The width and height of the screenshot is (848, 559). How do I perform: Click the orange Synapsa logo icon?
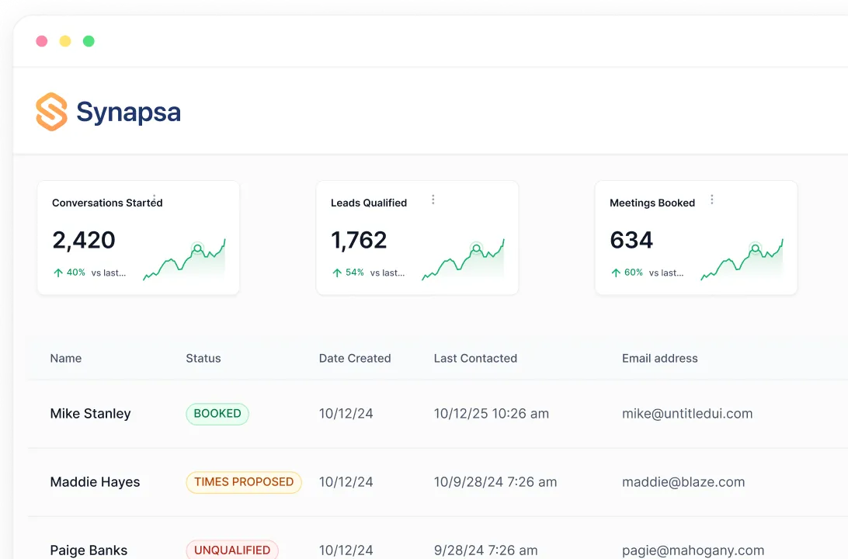51,112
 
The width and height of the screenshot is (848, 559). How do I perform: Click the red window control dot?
42,41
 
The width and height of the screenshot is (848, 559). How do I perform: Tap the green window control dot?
89,41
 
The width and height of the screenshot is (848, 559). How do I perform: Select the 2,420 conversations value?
84,240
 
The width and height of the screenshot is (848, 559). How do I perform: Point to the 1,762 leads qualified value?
359,240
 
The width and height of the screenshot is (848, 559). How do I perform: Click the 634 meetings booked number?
631,240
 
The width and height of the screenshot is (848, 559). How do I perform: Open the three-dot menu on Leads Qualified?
433,200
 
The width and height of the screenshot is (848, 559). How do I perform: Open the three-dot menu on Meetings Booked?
712,200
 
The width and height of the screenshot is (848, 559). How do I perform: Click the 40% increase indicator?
69,273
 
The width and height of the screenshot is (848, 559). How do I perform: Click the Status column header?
203,359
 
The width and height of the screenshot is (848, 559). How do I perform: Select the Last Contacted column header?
475,359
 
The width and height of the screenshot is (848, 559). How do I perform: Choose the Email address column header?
659,359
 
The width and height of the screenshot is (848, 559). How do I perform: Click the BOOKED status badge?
217,414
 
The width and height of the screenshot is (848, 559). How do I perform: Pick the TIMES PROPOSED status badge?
244,482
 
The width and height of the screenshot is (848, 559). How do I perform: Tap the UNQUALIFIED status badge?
232,550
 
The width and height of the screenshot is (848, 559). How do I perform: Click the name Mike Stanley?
90,414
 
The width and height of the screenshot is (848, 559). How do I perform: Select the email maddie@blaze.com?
683,482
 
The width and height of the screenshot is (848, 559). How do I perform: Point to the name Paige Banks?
89,550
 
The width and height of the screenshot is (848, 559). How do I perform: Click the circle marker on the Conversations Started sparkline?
197,249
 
